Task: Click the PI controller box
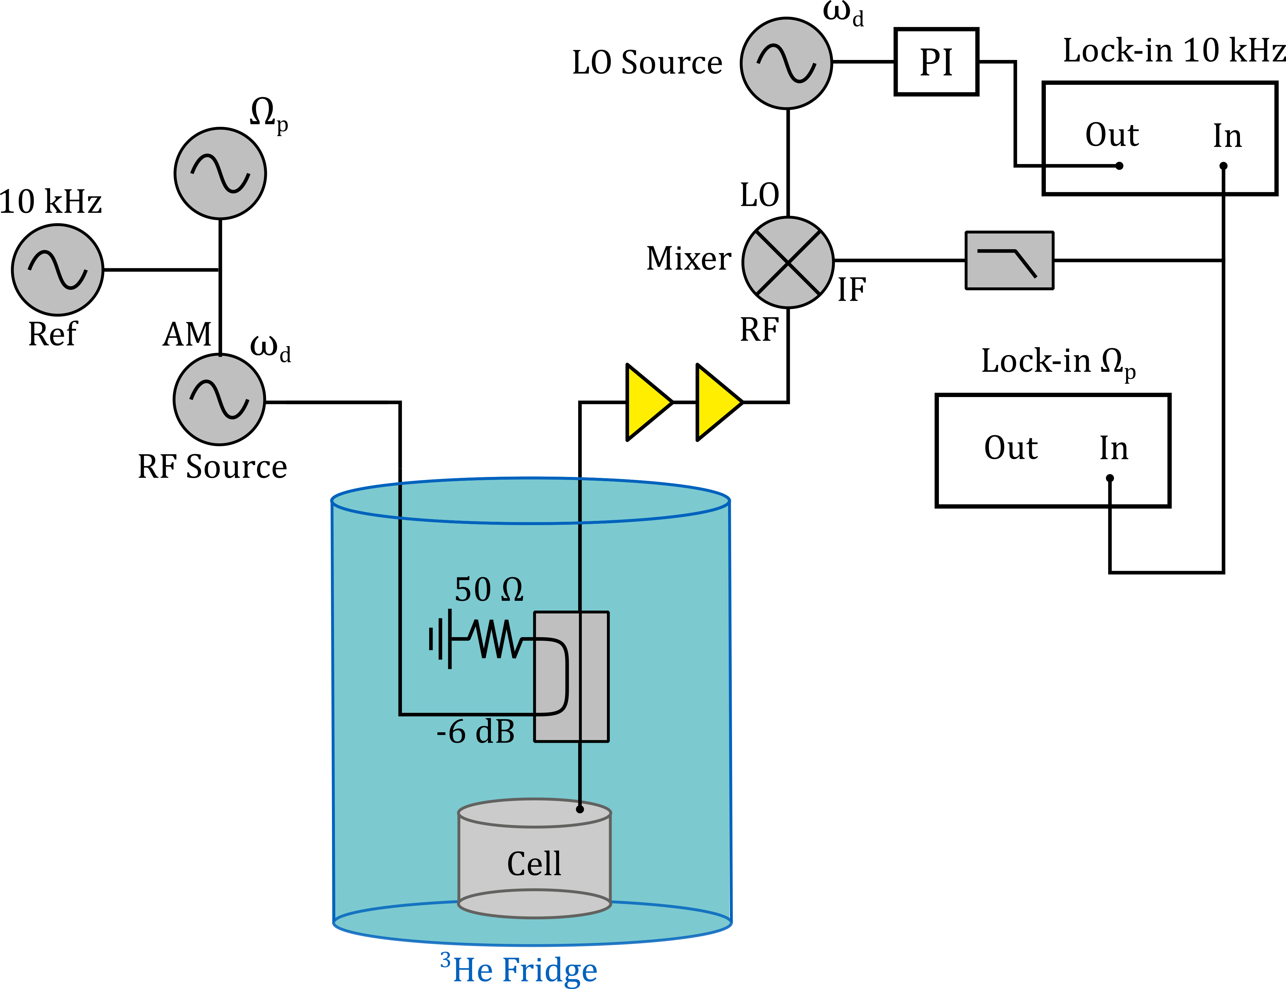point(936,62)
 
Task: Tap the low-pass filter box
point(1009,260)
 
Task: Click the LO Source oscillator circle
point(786,63)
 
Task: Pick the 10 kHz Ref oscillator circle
point(58,270)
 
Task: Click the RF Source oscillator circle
point(219,400)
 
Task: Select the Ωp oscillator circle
point(220,174)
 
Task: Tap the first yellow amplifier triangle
point(647,402)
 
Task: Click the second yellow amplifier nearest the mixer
point(717,402)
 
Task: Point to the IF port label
point(851,289)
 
